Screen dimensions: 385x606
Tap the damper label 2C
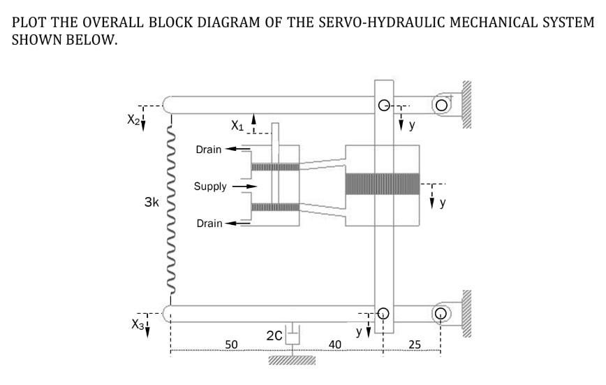tap(274, 337)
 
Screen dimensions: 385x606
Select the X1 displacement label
tap(238, 126)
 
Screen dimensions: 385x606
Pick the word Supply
tap(210, 187)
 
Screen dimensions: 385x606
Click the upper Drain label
tap(209, 150)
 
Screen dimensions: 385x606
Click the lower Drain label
tap(209, 224)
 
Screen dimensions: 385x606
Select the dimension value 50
tap(232, 344)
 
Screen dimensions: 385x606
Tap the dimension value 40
tap(335, 344)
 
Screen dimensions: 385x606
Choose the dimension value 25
tap(415, 344)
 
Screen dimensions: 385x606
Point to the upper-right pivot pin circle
tap(441, 105)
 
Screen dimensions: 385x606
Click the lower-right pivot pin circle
tap(441, 312)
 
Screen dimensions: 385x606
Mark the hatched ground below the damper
tap(292, 361)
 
